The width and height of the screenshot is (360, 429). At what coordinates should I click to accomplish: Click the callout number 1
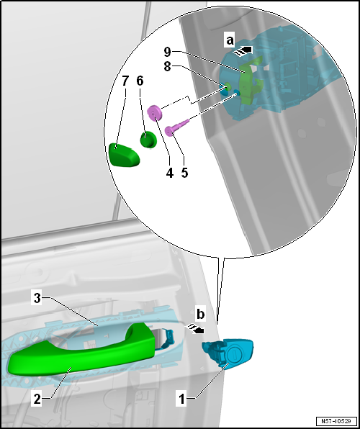(181, 399)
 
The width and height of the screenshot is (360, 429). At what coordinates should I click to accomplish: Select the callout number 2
(37, 399)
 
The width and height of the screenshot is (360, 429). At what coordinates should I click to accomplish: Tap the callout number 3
(37, 299)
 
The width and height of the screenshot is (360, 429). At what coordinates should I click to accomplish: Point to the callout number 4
(170, 173)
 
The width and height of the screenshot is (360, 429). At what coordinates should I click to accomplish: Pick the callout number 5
(184, 173)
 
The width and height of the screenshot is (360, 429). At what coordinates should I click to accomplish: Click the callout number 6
(140, 81)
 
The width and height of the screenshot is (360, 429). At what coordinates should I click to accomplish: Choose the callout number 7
(125, 81)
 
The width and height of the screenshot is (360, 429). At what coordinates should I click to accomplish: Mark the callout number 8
(167, 66)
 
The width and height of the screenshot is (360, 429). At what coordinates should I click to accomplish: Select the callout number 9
(167, 52)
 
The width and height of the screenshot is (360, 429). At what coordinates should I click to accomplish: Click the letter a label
(230, 41)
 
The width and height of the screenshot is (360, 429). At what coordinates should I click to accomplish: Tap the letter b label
(201, 315)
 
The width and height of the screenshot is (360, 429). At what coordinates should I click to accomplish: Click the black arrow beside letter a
(242, 51)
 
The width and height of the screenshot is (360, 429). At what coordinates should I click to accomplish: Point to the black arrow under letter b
(194, 328)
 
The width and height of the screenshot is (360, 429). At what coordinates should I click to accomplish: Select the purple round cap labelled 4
(155, 112)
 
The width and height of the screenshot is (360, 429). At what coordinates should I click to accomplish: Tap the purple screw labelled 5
(177, 127)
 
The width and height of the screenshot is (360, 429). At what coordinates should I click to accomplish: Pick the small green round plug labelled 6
(148, 140)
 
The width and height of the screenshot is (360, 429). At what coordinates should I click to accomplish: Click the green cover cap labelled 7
(124, 155)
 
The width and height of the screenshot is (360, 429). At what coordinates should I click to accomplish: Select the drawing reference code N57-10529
(337, 421)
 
